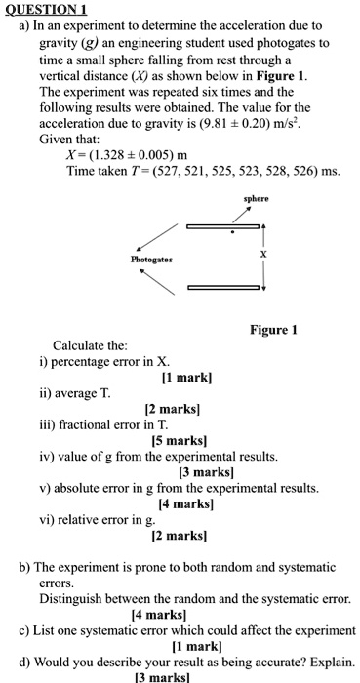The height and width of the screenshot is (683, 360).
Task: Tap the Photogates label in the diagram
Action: [x=151, y=261]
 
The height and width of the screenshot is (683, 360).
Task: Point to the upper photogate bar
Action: [x=223, y=226]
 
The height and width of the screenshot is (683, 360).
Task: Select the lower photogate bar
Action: [x=223, y=287]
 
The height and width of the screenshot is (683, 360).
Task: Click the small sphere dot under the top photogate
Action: [x=231, y=234]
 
